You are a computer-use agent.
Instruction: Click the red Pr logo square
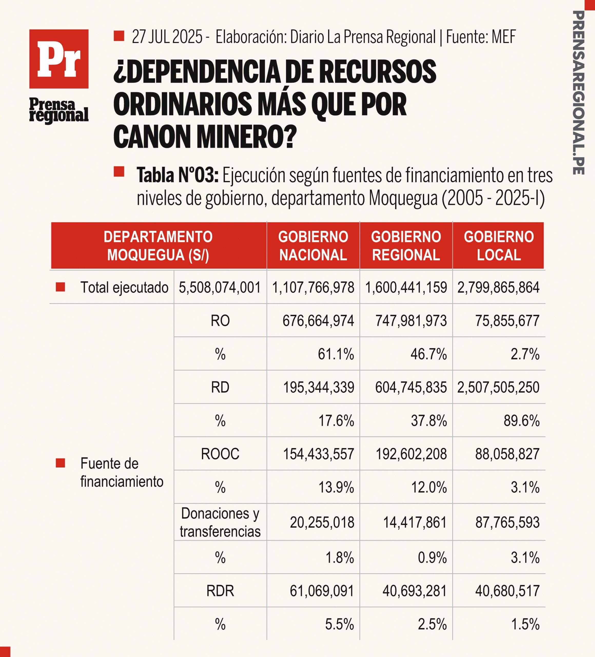[59, 59]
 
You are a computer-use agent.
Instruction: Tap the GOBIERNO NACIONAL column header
[313, 246]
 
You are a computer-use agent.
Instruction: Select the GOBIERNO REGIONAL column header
[406, 246]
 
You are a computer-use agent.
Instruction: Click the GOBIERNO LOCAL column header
[499, 246]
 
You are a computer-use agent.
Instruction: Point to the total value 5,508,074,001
[220, 287]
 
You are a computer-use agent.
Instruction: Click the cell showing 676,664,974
[318, 321]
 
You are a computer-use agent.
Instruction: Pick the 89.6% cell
[521, 421]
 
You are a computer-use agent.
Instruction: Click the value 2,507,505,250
[498, 387]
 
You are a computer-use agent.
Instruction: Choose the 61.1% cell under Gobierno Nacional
[336, 354]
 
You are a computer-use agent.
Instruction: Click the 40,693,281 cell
[414, 591]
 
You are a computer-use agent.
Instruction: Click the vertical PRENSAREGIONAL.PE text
[578, 93]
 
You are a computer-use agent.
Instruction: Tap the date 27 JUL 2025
[167, 36]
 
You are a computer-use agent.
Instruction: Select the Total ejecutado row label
[124, 287]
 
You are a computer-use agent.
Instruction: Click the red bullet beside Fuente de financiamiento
[60, 463]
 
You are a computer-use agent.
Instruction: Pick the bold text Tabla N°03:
[178, 175]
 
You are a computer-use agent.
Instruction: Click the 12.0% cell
[429, 487]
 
